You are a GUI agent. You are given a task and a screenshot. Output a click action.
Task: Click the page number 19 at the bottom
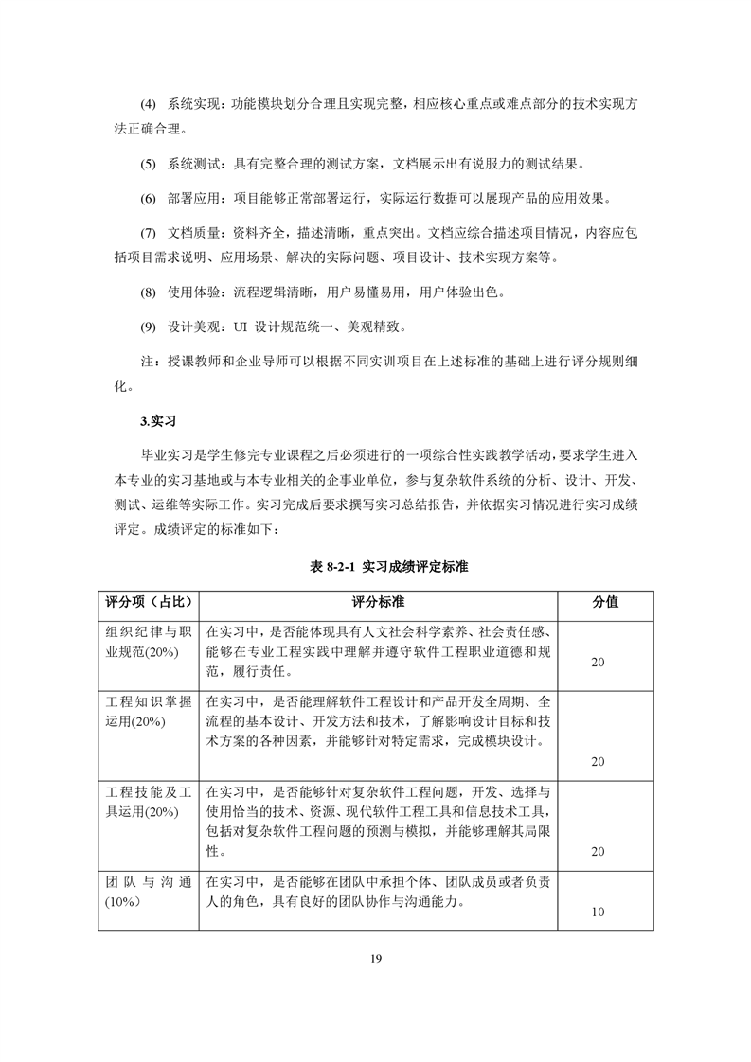(x=375, y=960)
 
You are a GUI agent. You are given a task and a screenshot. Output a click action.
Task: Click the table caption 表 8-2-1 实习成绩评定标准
(x=375, y=567)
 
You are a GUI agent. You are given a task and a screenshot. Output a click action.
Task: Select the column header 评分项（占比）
(x=148, y=602)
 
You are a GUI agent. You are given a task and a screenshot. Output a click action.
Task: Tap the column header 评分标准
(x=380, y=602)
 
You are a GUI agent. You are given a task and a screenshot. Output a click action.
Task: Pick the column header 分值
(x=605, y=602)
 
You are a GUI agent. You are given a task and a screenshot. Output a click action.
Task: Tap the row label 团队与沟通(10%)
(x=148, y=893)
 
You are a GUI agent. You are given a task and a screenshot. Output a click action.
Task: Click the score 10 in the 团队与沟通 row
(x=598, y=912)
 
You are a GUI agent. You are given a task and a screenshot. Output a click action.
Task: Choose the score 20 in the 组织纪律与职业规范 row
(x=598, y=663)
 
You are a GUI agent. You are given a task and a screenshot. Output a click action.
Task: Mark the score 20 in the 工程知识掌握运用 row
(x=598, y=761)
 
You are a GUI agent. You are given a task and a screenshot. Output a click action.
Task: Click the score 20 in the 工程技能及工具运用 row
(x=598, y=852)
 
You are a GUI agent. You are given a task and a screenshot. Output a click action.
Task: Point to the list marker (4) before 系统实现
(x=148, y=102)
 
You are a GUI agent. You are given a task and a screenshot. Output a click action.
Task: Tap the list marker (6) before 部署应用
(x=148, y=199)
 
